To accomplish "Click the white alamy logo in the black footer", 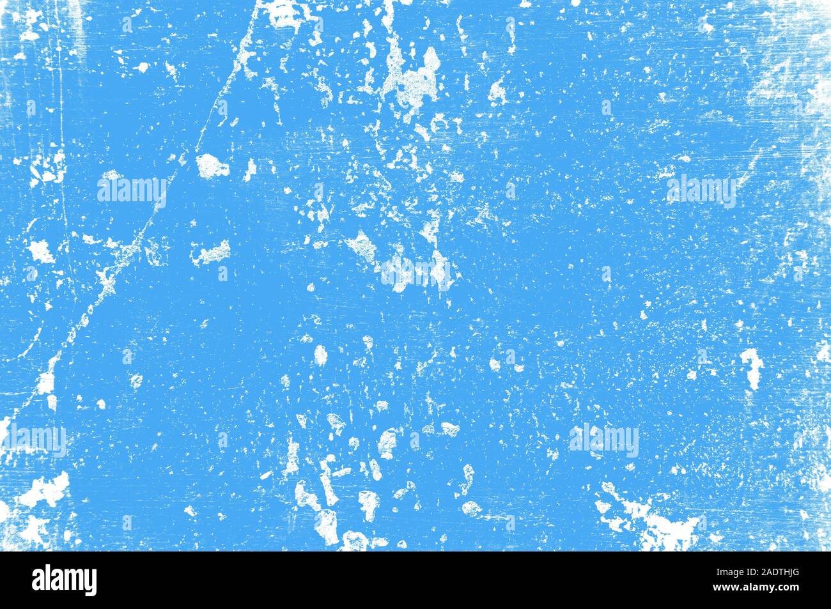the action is pos(65,580).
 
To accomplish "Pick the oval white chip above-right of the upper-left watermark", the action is pos(212,166).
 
